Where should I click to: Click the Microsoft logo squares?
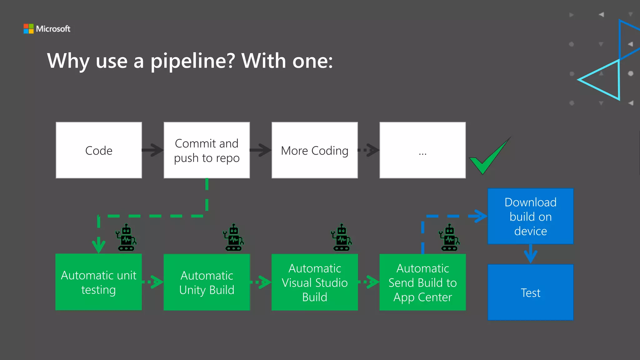[28, 29]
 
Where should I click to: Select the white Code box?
[99, 150]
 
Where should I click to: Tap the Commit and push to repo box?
[207, 150]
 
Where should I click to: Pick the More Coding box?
[314, 150]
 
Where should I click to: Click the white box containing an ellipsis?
[422, 150]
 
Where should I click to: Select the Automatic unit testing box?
[99, 282]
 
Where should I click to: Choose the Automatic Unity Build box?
[207, 282]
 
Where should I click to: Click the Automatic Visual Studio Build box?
[314, 282]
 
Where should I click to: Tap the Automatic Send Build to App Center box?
[422, 282]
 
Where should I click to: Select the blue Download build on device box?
[530, 216]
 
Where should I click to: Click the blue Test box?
[530, 292]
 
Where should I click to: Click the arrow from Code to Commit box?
[152, 150]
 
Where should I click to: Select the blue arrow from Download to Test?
[530, 254]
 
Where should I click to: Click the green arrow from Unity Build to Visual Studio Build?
[261, 282]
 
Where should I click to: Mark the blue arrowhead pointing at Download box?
[480, 216]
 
